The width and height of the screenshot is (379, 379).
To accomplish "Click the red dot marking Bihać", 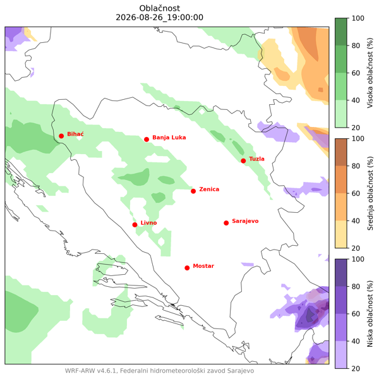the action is pos(61,136).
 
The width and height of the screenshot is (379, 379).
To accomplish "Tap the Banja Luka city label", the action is pos(169,138).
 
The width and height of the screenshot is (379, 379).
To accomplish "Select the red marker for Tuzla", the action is pos(243,160).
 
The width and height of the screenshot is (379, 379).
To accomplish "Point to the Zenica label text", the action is pos(209,189).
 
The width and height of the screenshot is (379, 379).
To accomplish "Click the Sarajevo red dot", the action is pos(226,223).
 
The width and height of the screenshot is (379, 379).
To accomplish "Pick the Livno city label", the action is pos(148,222).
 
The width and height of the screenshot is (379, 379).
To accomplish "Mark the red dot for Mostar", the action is pos(187,268).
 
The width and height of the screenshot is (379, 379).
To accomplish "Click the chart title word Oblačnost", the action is pos(160,8).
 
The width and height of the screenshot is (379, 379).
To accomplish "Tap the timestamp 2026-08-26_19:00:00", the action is pos(160,18).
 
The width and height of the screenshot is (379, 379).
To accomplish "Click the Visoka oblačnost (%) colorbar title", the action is pos(370,73).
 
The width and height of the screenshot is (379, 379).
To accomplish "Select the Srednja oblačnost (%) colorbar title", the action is pos(370,193).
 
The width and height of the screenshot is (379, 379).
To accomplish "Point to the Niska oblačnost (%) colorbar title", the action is pos(370,314).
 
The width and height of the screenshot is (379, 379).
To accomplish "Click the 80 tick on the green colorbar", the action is pos(356,45).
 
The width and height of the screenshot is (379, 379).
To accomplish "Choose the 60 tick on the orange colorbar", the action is pos(356,193).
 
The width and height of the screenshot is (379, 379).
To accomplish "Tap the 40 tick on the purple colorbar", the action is pos(356,341).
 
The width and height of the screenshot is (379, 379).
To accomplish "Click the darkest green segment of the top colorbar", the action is pos(341,32).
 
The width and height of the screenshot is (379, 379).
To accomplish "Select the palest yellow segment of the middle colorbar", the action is pos(341,234).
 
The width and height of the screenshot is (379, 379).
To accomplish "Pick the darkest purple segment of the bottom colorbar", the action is pos(341,273).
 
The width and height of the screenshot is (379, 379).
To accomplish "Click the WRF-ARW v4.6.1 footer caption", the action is pos(159,371).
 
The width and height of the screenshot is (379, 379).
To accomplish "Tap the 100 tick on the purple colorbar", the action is pos(358,259).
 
